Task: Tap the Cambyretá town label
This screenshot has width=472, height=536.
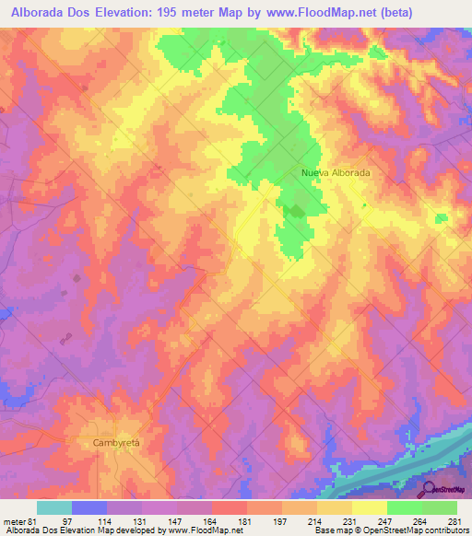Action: [116, 443]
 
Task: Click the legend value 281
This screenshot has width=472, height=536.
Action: [454, 519]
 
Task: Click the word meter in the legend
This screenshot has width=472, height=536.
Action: [12, 519]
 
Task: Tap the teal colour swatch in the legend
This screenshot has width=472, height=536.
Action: [54, 507]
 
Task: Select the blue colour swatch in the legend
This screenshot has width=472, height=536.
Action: [89, 507]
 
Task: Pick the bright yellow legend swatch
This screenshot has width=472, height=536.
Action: [369, 507]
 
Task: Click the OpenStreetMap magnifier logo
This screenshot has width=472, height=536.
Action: [427, 488]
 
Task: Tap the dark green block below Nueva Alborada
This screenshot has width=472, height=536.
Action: [294, 212]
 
